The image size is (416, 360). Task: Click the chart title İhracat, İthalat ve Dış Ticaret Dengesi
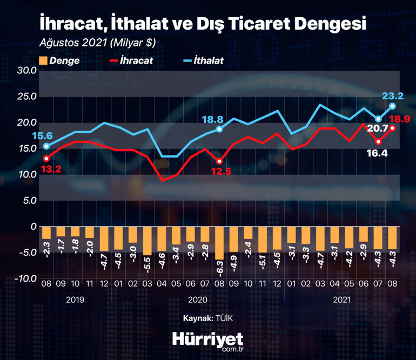[x=203, y=24]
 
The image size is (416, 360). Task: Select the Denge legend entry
[x=59, y=60]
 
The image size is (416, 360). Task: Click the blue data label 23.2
[x=393, y=96]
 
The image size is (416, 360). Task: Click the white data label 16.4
[x=378, y=153]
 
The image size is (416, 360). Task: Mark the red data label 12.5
[x=221, y=171]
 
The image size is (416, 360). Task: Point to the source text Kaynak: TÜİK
[x=207, y=319]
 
